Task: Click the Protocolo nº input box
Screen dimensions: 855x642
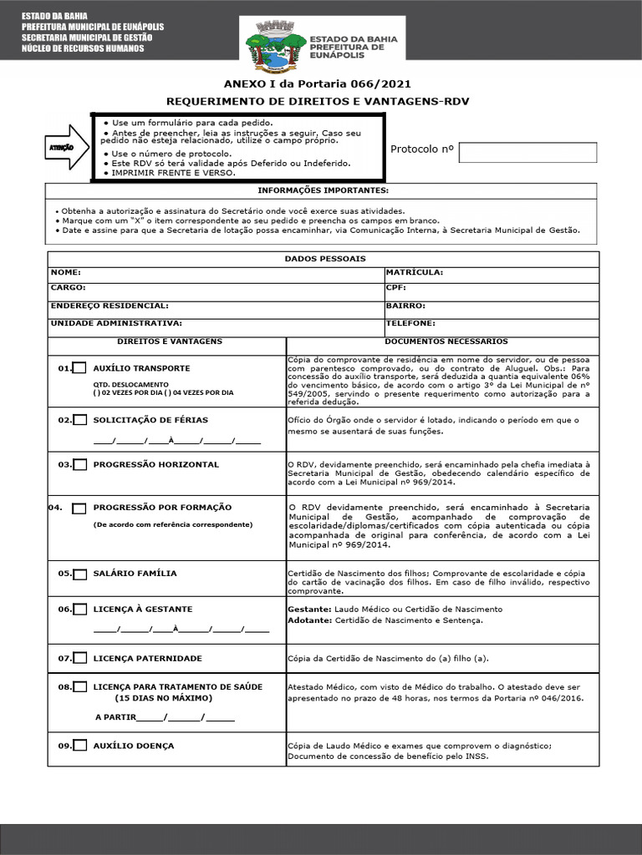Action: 528,152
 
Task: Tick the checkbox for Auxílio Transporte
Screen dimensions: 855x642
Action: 80,368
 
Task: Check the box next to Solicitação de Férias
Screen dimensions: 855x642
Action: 80,420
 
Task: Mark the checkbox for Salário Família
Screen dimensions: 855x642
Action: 80,574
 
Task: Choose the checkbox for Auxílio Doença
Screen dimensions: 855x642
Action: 80,746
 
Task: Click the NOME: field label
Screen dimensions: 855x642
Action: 66,272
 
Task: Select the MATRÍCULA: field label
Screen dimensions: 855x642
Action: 414,272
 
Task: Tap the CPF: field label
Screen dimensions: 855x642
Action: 396,287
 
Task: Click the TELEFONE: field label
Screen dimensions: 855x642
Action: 410,322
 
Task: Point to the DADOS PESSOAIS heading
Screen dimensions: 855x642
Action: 325,259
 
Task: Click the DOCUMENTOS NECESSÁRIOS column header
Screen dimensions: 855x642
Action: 446,341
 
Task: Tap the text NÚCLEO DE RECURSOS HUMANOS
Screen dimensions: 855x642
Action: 82,48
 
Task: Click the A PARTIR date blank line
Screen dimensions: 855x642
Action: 184,717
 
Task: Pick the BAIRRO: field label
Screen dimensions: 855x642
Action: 405,306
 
